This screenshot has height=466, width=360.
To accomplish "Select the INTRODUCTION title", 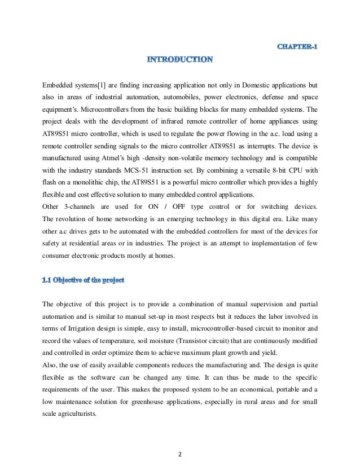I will [x=180, y=59].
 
